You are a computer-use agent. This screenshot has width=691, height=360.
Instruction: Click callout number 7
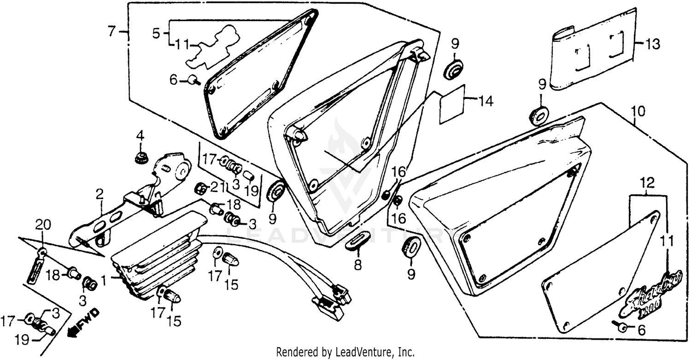pyautogui.click(x=111, y=31)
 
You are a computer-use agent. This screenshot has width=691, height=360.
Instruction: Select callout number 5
pyautogui.click(x=156, y=33)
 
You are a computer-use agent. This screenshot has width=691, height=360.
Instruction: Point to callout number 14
pyautogui.click(x=486, y=101)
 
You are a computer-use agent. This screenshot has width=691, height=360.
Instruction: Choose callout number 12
pyautogui.click(x=648, y=184)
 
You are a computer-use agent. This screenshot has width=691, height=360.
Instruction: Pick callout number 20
pyautogui.click(x=42, y=226)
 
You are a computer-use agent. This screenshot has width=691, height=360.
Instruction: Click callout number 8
pyautogui.click(x=357, y=265)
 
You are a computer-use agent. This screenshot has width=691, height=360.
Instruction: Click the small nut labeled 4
pyautogui.click(x=140, y=158)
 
